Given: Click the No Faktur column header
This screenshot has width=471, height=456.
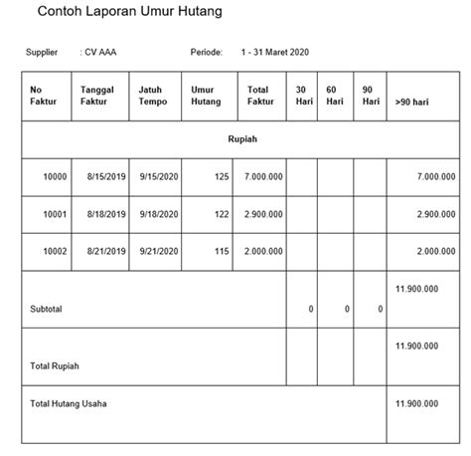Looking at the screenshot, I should tap(44, 96).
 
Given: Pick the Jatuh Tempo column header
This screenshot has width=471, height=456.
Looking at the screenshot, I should tap(153, 96).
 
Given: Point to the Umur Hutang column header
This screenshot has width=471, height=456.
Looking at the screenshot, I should tap(204, 96).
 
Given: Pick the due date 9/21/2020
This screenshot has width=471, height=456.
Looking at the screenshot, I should tap(159, 251).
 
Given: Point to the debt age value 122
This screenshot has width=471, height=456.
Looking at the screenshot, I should tap(220, 214).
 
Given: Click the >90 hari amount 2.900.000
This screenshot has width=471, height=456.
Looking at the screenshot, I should tap(435, 214).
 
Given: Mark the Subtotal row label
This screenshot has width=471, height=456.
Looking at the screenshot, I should tap(46, 310).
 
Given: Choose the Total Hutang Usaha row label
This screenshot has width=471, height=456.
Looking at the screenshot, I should tap(69, 404).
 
